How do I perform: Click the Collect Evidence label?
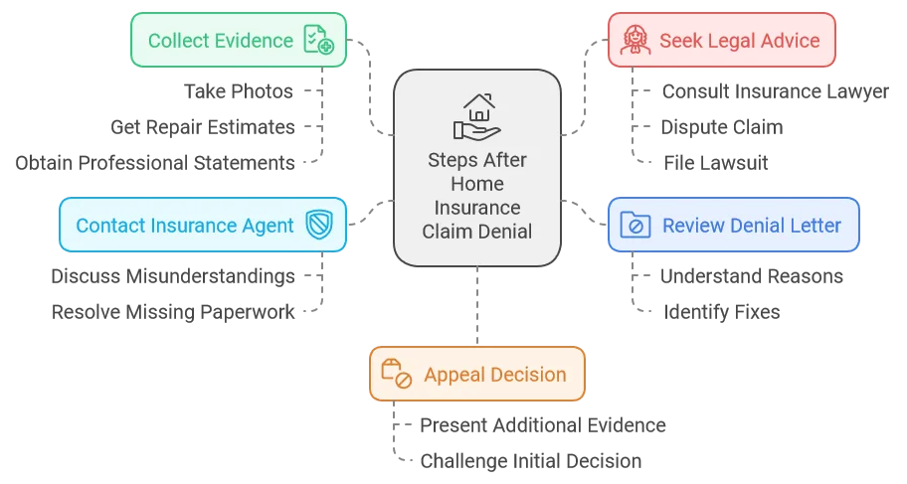click(x=220, y=41)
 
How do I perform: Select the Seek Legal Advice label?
click(x=739, y=41)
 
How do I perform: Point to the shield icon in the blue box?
click(x=318, y=225)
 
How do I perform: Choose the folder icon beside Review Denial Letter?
click(x=635, y=225)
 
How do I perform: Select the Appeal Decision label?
click(x=494, y=375)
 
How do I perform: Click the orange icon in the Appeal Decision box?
click(x=397, y=375)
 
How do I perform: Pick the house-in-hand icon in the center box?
click(x=476, y=115)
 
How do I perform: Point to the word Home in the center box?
click(x=476, y=183)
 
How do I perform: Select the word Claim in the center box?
click(x=447, y=231)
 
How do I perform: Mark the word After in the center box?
click(x=506, y=160)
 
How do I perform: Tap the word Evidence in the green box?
click(x=257, y=41)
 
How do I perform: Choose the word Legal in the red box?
click(x=730, y=41)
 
